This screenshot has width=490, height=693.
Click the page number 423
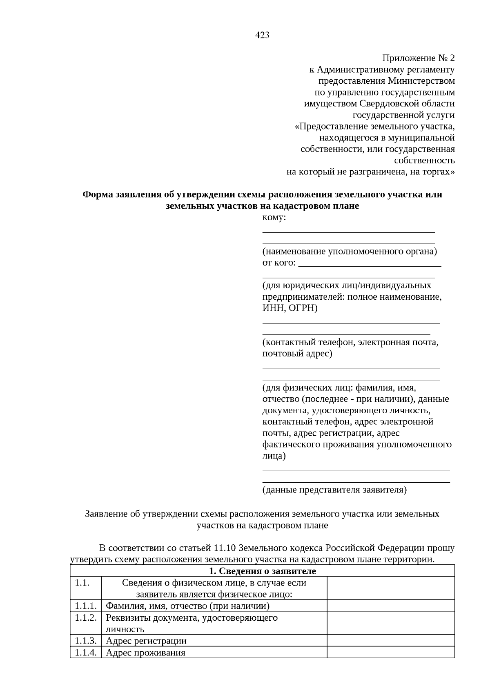262,36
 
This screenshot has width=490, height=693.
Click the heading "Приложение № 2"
418,58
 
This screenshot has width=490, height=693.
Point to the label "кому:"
274,218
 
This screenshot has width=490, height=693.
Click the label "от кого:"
279,263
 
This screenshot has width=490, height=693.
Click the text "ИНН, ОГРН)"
290,308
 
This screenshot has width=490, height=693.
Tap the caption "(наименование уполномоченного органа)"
350,252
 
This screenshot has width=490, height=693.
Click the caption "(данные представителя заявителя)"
334,490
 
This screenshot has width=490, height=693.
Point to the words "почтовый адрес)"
297,353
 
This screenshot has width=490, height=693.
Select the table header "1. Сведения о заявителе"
262,571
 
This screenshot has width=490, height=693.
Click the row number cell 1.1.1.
85,606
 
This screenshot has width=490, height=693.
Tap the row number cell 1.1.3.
85,641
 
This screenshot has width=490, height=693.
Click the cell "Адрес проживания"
145,653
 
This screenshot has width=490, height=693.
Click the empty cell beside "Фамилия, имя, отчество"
390,606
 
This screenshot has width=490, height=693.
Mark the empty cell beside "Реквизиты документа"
390,623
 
